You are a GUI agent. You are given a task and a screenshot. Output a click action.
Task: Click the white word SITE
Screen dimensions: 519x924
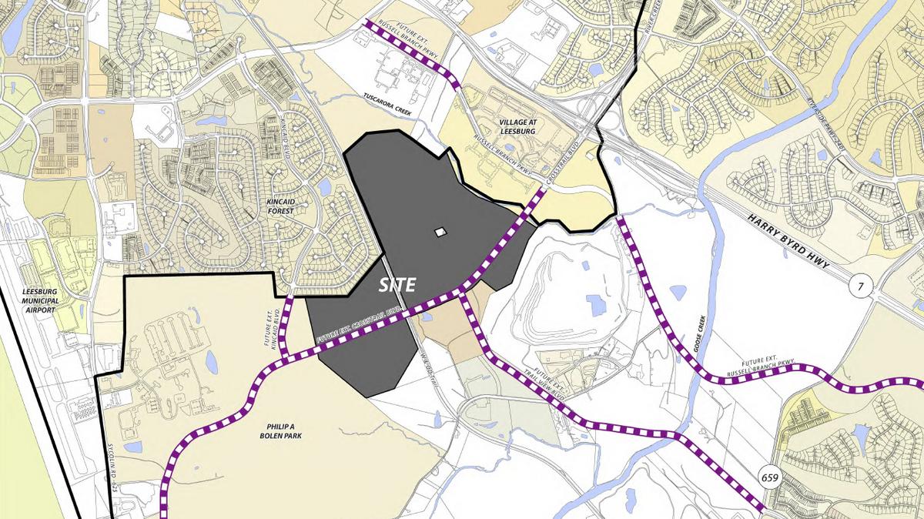pyautogui.click(x=397, y=285)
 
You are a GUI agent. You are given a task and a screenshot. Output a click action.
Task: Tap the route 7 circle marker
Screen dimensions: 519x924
pyautogui.click(x=861, y=288)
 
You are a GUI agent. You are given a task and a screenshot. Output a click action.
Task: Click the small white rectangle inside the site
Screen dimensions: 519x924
pyautogui.click(x=440, y=231)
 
